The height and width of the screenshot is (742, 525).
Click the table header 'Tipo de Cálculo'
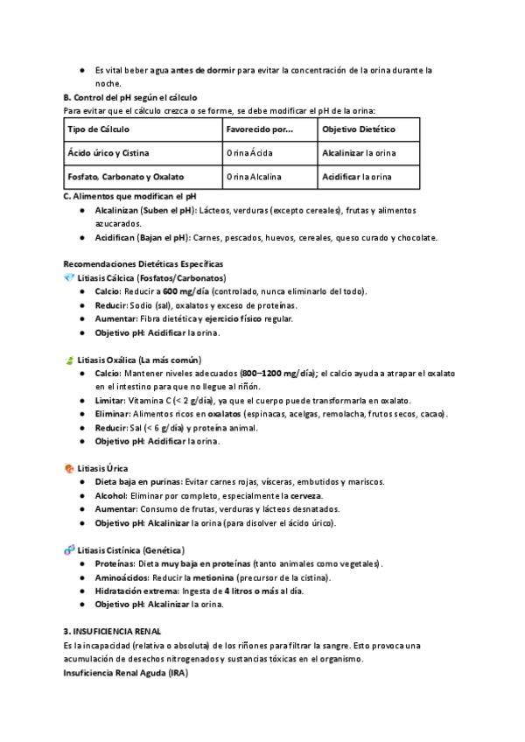(x=98, y=129)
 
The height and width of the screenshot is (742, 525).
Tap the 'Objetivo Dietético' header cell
(x=359, y=129)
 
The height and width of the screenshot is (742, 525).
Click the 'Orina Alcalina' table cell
(x=254, y=177)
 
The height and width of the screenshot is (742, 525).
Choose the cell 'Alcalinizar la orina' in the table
(x=359, y=152)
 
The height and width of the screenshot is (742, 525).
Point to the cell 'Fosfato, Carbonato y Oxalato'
(x=126, y=177)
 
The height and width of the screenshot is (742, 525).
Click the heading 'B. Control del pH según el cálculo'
(x=130, y=97)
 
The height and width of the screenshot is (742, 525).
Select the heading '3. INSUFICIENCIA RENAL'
(x=112, y=631)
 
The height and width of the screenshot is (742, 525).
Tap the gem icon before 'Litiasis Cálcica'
(x=69, y=277)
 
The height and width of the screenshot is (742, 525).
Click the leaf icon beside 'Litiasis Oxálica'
(x=69, y=360)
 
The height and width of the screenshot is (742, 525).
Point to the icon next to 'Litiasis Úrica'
(x=69, y=468)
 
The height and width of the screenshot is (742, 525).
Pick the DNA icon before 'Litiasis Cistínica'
(x=69, y=550)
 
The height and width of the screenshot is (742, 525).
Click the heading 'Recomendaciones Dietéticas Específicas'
(x=143, y=263)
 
